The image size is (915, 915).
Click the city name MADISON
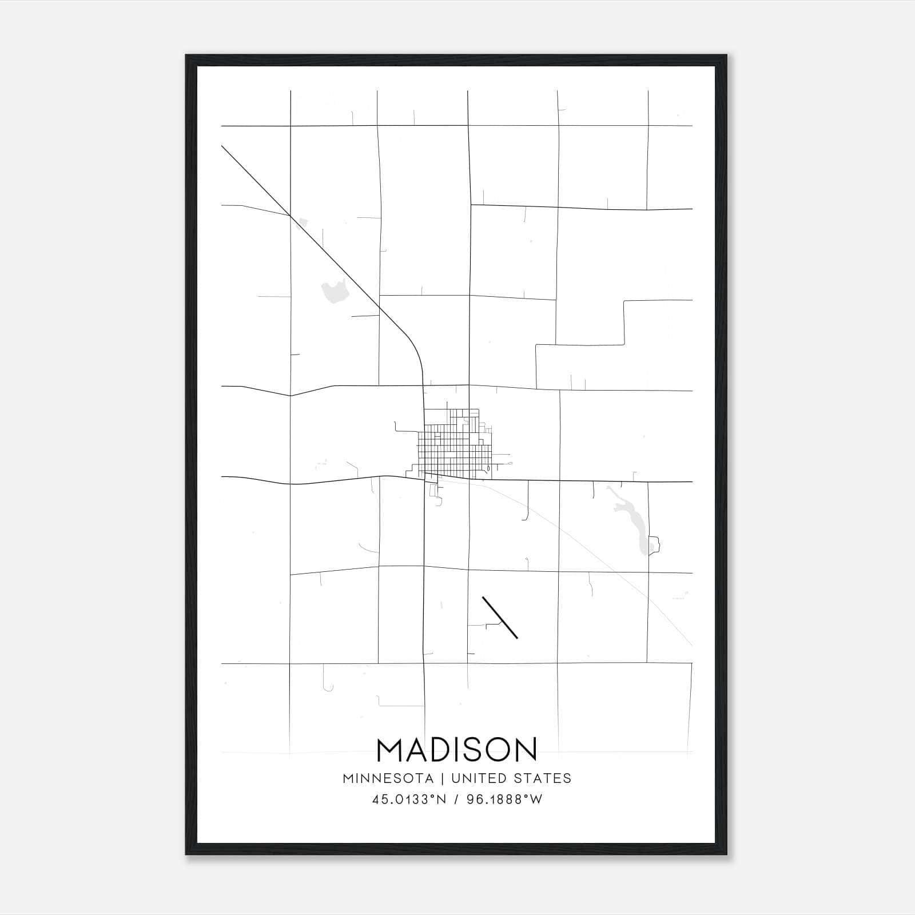pyautogui.click(x=457, y=750)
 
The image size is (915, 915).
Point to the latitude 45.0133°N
pyautogui.click(x=408, y=799)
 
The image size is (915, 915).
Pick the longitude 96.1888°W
pyautogui.click(x=504, y=799)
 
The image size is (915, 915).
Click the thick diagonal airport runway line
pyautogui.click(x=500, y=617)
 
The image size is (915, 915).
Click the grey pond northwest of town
pyautogui.click(x=335, y=292)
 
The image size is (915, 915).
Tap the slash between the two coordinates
pyautogui.click(x=456, y=799)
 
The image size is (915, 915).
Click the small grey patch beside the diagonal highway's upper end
pyautogui.click(x=303, y=221)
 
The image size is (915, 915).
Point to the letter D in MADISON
pyautogui.click(x=439, y=750)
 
